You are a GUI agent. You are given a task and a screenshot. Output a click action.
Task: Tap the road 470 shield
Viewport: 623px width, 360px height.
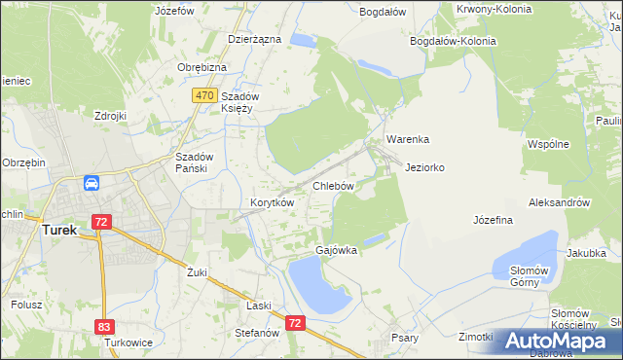(x=203, y=95)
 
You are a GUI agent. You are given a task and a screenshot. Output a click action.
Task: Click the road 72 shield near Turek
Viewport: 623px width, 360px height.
(x=100, y=222)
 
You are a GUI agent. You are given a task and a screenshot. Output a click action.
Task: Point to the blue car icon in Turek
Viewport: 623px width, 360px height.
(x=91, y=183)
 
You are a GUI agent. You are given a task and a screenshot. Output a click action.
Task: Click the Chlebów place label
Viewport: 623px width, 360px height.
(x=332, y=185)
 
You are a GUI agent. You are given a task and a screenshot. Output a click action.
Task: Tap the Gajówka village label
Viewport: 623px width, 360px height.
(x=336, y=250)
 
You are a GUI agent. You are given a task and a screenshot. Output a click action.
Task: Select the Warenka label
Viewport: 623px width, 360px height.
(x=407, y=139)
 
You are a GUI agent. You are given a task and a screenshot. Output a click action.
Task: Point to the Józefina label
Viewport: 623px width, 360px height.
(x=493, y=220)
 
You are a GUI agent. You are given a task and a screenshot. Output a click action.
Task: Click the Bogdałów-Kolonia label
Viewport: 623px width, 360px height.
(x=453, y=42)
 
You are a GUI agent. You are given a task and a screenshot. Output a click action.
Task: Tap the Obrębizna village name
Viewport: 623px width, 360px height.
(x=202, y=67)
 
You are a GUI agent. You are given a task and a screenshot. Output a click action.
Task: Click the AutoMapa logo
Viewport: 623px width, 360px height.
(x=556, y=341)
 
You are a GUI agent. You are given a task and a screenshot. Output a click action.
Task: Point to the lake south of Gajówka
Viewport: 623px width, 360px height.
(x=315, y=288)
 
